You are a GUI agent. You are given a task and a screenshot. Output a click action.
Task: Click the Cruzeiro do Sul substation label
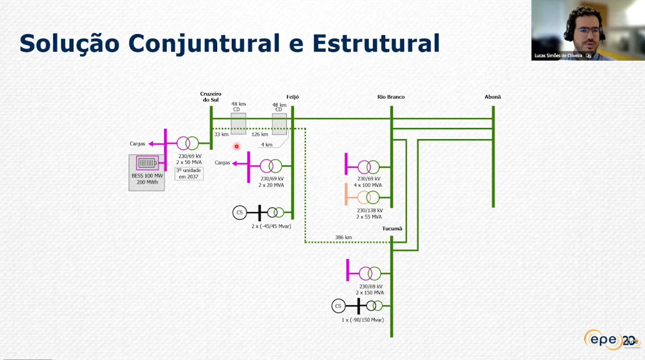210,97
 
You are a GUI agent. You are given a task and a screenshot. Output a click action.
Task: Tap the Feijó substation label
292,97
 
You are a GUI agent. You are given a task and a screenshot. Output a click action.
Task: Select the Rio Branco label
391,97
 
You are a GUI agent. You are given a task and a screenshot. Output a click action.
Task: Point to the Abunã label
492,97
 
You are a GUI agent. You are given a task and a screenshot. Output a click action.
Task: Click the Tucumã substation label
392,229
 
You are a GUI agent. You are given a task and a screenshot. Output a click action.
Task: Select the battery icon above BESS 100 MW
147,163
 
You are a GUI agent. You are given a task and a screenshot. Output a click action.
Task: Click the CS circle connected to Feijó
239,213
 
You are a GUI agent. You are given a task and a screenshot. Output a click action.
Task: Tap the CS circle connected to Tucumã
338,306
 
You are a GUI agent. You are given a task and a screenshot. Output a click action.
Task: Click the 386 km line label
343,237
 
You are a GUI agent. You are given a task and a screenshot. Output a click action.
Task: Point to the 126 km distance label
260,134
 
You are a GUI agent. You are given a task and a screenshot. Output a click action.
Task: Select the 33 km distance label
221,134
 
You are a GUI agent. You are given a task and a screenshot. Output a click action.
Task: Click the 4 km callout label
267,145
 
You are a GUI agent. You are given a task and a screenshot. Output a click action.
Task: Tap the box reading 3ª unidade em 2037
189,174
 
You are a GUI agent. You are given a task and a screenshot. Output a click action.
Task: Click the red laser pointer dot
237,146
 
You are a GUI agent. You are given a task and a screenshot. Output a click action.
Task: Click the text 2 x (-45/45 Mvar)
271,226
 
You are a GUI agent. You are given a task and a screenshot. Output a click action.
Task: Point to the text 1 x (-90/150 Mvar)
362,320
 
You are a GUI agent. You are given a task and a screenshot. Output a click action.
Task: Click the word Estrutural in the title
376,43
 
